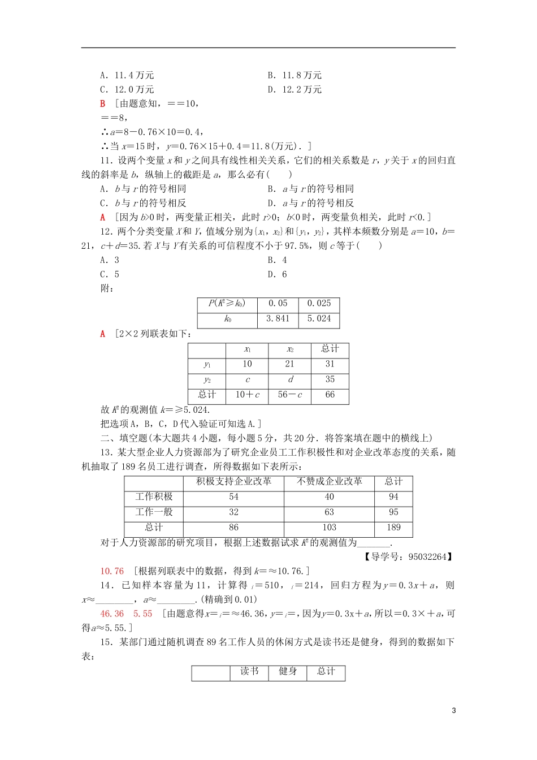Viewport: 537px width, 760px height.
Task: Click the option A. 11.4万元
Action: (x=127, y=75)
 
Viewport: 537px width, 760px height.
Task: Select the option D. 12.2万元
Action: (x=295, y=89)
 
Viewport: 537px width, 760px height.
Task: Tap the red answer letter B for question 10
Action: (x=103, y=103)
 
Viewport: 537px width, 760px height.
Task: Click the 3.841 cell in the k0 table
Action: (x=278, y=319)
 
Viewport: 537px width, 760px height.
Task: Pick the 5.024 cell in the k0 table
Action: (x=319, y=319)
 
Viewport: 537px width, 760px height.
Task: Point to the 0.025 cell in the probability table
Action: (x=319, y=304)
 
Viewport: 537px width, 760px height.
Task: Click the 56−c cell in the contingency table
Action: (x=290, y=395)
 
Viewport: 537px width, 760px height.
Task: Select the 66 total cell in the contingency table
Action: (x=330, y=395)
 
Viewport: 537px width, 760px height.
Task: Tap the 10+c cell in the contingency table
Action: (x=247, y=395)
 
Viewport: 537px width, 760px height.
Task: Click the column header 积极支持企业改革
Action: (x=233, y=482)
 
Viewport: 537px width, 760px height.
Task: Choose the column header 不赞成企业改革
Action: (x=330, y=482)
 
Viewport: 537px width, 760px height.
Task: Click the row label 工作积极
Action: (x=154, y=497)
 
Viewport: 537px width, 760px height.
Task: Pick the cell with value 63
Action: (x=330, y=512)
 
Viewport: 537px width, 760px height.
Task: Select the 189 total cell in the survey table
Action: (x=393, y=528)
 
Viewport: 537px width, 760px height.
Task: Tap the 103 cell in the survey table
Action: (x=330, y=528)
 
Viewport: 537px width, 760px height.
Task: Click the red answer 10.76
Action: (x=112, y=571)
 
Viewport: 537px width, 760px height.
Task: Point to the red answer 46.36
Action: (x=112, y=614)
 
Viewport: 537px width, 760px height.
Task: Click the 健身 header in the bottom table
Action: (x=288, y=671)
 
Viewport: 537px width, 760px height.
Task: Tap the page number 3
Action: (x=454, y=711)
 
